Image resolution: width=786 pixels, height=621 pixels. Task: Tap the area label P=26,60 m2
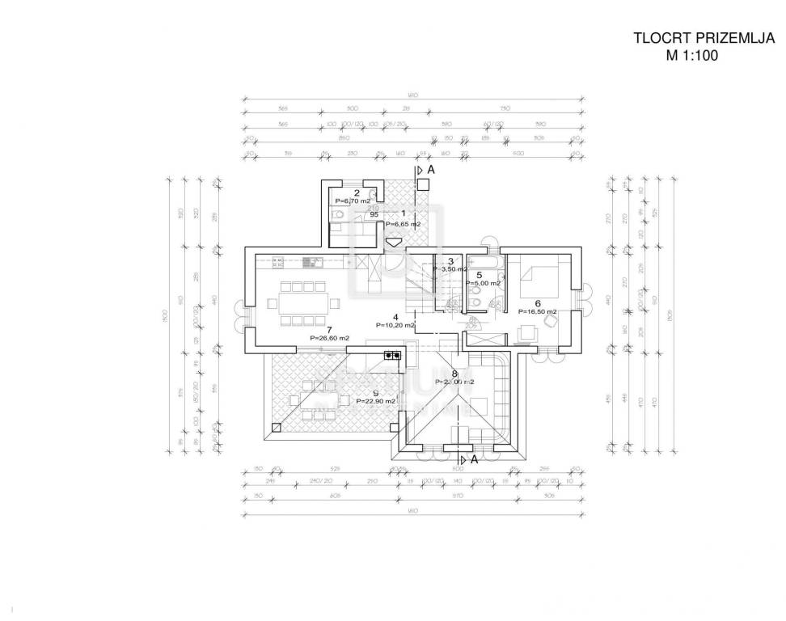tap(329, 338)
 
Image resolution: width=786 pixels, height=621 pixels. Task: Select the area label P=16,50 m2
tap(537, 310)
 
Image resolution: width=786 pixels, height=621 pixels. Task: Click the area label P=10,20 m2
tap(395, 325)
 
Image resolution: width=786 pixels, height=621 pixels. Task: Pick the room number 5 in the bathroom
tap(480, 275)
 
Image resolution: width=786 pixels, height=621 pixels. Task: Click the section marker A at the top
tap(431, 171)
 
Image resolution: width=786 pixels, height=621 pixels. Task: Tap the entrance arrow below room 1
tap(394, 241)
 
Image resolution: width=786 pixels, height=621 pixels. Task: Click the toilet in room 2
tap(337, 215)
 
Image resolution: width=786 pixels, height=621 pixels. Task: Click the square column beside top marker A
tap(422, 184)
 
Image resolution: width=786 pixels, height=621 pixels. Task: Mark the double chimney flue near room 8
tap(393, 355)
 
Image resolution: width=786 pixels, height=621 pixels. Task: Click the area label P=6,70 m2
tap(353, 201)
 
